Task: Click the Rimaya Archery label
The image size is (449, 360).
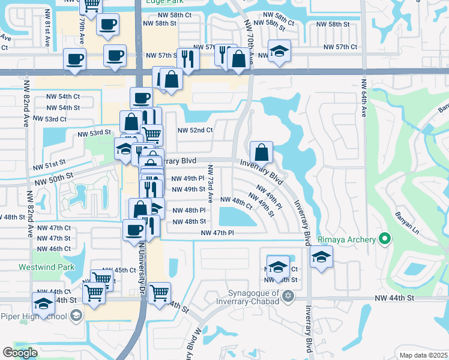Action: [x=347, y=239]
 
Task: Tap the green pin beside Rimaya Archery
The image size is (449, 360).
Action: [x=385, y=239]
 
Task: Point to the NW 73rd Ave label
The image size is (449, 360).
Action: [x=211, y=183]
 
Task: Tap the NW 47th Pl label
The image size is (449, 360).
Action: [x=217, y=233]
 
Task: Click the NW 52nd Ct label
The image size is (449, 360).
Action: [x=195, y=130]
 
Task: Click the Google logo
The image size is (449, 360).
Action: [x=20, y=353]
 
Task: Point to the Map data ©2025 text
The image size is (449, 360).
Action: [x=423, y=355]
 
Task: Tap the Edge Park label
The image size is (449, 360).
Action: [x=159, y=3]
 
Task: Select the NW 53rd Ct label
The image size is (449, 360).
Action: [x=49, y=119]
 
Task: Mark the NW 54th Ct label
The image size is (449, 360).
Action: [x=62, y=97]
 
